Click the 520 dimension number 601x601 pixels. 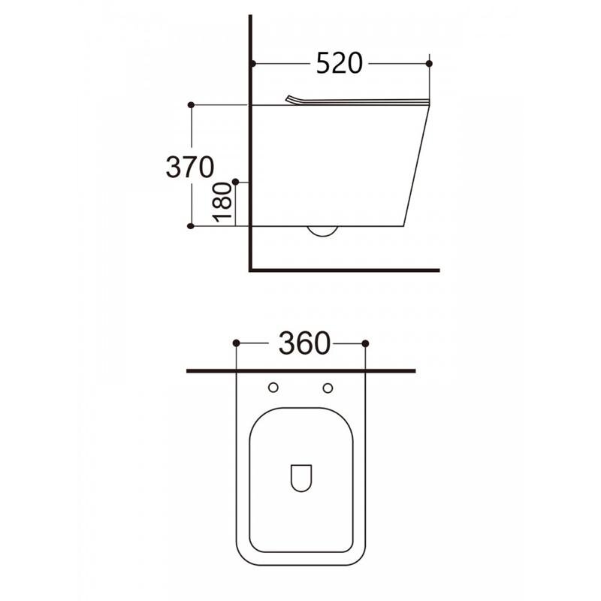point(340,63)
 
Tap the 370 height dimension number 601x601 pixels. point(190,167)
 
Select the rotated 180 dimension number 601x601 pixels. point(222,202)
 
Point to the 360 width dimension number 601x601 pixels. point(304,343)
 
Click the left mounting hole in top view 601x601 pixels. point(273,388)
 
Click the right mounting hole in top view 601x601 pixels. point(328,388)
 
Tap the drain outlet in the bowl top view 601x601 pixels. point(301,478)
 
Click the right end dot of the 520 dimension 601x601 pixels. point(429,63)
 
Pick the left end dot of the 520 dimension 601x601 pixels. point(253,63)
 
